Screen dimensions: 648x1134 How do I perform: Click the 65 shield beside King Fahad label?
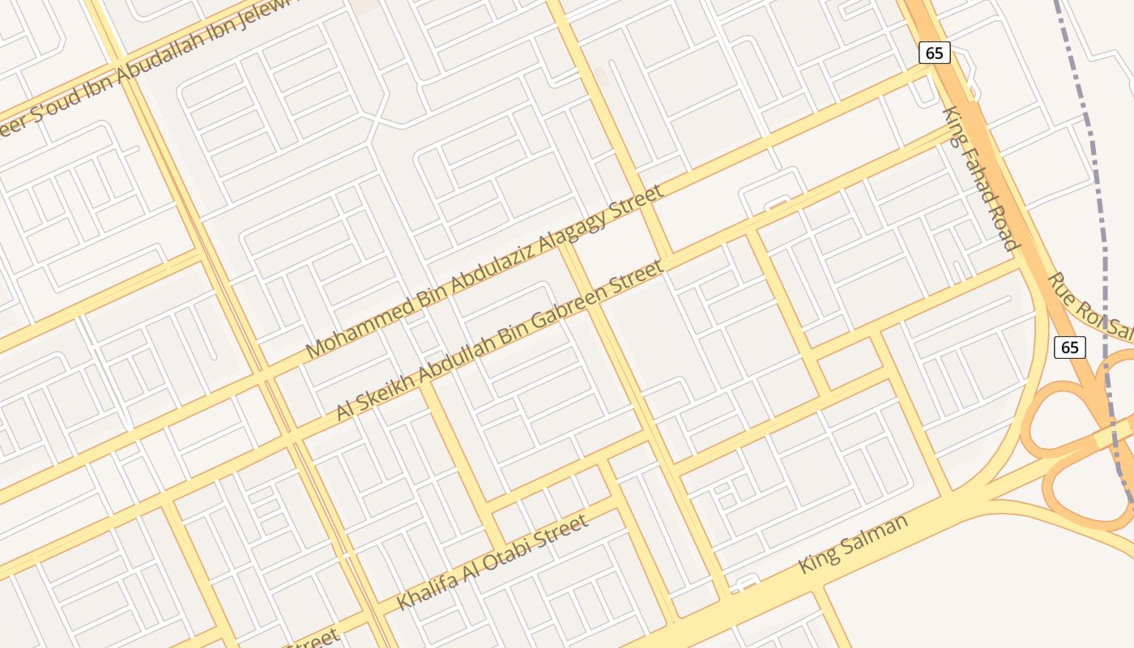click(x=935, y=53)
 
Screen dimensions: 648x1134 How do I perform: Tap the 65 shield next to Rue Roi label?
click(x=1070, y=347)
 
